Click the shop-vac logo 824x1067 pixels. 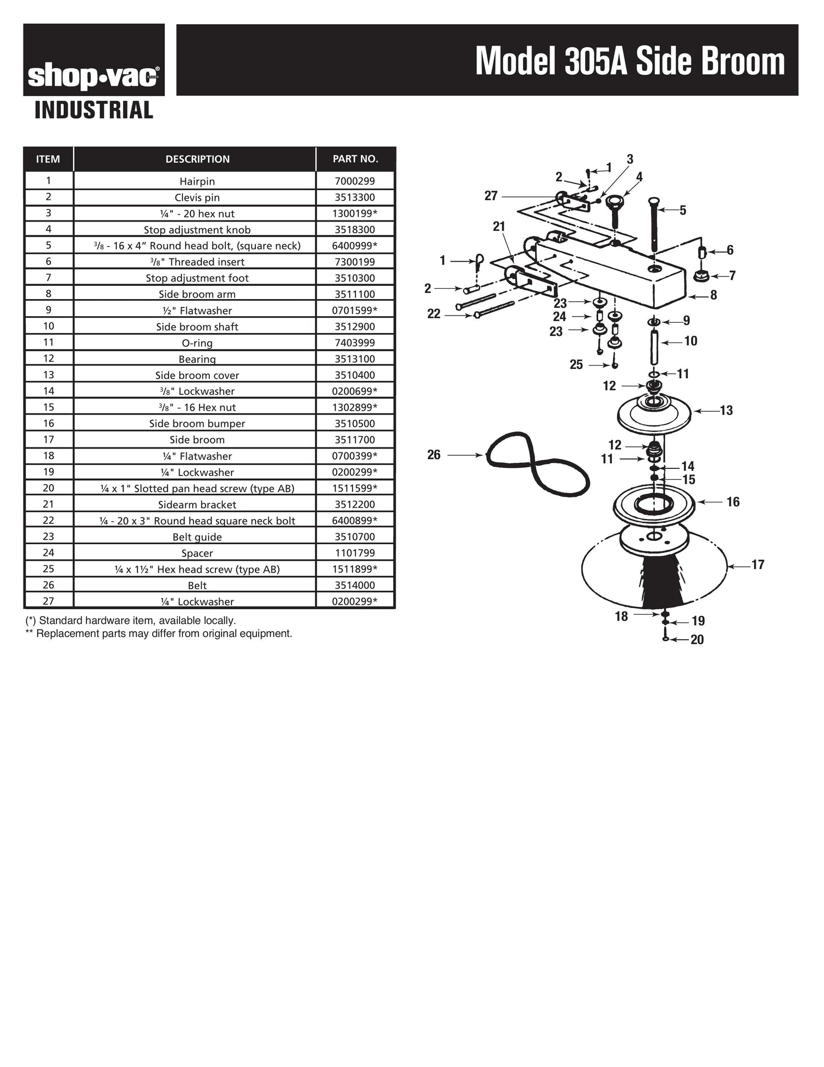[93, 76]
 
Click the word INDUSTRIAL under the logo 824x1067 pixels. [93, 110]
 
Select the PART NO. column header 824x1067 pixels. [355, 159]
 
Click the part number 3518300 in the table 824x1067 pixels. [355, 230]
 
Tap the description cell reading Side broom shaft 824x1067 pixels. [197, 327]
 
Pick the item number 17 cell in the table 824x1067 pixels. [48, 439]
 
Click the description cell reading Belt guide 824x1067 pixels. [197, 537]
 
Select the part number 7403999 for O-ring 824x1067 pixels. [355, 342]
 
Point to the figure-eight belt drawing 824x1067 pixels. [537, 463]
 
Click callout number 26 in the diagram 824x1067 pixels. [434, 455]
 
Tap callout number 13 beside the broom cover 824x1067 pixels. [726, 410]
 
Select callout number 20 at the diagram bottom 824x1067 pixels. [697, 639]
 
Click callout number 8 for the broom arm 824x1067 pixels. [713, 295]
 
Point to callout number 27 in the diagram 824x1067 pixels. [491, 196]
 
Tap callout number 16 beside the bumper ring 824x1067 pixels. [733, 501]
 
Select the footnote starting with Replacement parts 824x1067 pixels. [159, 633]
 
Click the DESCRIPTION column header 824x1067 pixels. [197, 159]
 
